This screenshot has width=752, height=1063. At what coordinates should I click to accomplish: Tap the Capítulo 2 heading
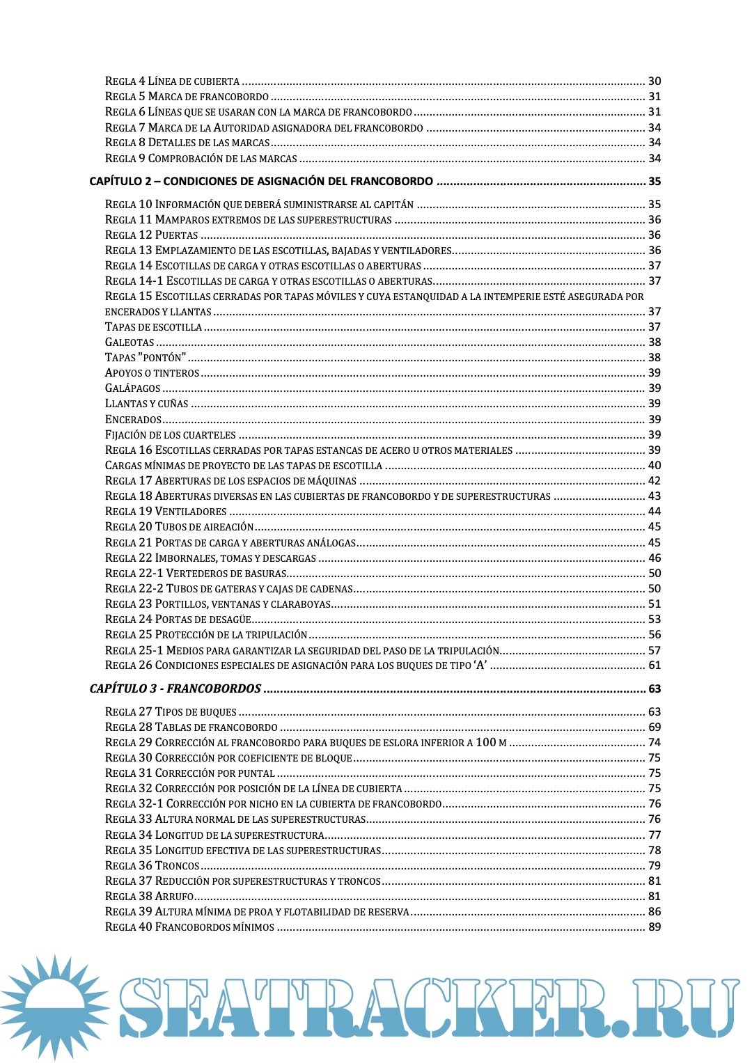(x=261, y=181)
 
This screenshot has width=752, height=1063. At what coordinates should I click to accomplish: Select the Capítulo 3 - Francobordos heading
(x=175, y=688)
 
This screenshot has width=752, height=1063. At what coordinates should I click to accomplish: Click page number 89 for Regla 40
(x=655, y=927)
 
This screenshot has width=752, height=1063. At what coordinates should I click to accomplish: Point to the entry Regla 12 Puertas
(x=152, y=235)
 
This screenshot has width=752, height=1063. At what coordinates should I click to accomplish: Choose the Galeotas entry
(x=130, y=342)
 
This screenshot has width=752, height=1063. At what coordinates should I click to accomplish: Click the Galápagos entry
(x=133, y=388)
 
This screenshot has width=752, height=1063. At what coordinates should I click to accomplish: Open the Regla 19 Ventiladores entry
(x=166, y=512)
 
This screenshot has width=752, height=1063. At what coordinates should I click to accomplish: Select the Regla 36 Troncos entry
(x=152, y=865)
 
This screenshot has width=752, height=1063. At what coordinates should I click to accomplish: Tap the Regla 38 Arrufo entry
(x=149, y=897)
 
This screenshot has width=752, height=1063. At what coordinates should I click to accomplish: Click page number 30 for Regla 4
(x=655, y=81)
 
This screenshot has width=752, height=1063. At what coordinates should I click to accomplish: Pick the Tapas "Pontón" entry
(x=146, y=358)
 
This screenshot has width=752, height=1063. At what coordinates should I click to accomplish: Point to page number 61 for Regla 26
(x=655, y=666)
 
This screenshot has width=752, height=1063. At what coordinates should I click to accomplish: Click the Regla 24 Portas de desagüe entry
(x=178, y=620)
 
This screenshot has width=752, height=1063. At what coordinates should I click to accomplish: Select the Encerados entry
(x=133, y=420)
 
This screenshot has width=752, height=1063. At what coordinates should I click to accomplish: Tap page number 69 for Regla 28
(x=655, y=727)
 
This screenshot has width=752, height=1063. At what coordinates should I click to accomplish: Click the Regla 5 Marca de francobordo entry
(x=187, y=97)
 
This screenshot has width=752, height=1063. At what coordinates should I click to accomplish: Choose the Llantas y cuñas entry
(x=147, y=404)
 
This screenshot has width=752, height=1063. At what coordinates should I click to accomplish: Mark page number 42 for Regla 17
(x=655, y=481)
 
